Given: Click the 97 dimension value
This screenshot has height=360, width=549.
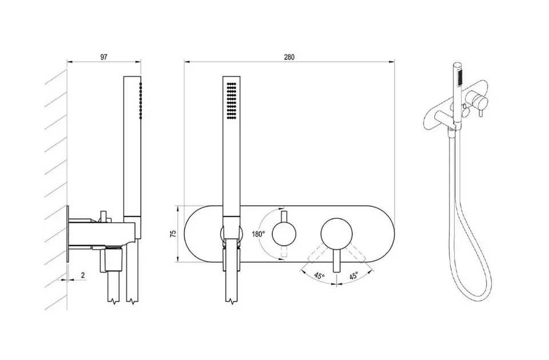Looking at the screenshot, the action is point(104,57).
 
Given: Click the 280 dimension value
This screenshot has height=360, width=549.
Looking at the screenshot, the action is point(289,57).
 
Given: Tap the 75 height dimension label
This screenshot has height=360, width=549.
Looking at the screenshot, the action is point(173,234).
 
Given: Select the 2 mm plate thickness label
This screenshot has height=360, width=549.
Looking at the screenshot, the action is point(83,275).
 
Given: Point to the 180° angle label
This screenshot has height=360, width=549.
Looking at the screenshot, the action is point(258,234).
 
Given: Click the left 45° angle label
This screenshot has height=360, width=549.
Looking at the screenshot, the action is point(319,275).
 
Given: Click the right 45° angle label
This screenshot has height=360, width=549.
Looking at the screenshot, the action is point(353,275).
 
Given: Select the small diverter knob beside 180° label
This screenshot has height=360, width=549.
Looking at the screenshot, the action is point(284,234).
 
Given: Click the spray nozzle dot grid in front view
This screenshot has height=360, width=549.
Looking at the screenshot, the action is point(232,101).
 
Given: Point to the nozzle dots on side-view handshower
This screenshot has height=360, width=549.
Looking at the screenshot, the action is point(141,101).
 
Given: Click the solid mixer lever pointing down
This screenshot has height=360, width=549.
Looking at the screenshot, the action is point(336,260).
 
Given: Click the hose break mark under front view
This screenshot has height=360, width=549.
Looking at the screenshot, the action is point(232,300).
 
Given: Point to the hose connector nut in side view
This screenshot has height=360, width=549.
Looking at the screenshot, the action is point(112,259).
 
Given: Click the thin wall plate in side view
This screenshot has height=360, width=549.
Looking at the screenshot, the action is point(67,234).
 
